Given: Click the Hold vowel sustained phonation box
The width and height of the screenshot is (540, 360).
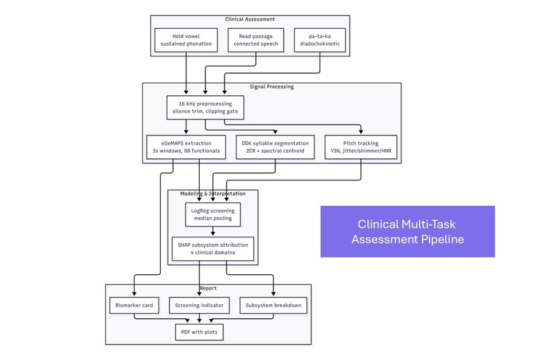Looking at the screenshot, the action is [186, 40].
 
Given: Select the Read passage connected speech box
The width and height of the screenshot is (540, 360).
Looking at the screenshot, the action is [255, 40].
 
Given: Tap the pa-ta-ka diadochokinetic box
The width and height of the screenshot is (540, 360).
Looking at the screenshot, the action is [320, 40].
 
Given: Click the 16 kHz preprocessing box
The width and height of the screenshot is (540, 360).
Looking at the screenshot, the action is [205, 107].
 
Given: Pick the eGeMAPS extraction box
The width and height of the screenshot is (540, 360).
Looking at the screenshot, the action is [186, 147].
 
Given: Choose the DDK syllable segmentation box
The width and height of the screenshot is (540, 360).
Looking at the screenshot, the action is [275, 147].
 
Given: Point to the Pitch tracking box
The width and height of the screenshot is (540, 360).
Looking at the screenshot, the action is [361, 147].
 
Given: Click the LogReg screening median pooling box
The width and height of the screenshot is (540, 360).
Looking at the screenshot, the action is [213, 215].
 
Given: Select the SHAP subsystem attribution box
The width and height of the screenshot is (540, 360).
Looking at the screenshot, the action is [213, 249].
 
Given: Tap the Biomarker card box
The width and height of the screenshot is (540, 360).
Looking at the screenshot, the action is [134, 305].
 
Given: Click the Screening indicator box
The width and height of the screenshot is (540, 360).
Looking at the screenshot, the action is [199, 305].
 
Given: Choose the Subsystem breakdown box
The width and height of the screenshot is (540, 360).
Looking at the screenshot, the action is [273, 305].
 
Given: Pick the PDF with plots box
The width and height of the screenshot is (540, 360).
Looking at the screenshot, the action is [199, 332].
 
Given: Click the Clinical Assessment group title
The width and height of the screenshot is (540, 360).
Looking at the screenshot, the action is [250, 19].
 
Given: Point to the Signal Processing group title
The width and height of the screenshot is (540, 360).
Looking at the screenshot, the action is [272, 86].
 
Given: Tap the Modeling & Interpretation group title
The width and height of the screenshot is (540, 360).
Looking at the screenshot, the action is [213, 194].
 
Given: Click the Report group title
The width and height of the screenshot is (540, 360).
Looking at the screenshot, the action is [208, 288].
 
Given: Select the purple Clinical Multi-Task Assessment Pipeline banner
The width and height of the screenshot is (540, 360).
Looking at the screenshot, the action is [408, 231].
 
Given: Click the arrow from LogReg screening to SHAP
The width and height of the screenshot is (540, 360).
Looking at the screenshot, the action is [213, 231].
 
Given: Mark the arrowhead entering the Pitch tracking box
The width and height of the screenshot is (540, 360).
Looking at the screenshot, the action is [361, 131].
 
